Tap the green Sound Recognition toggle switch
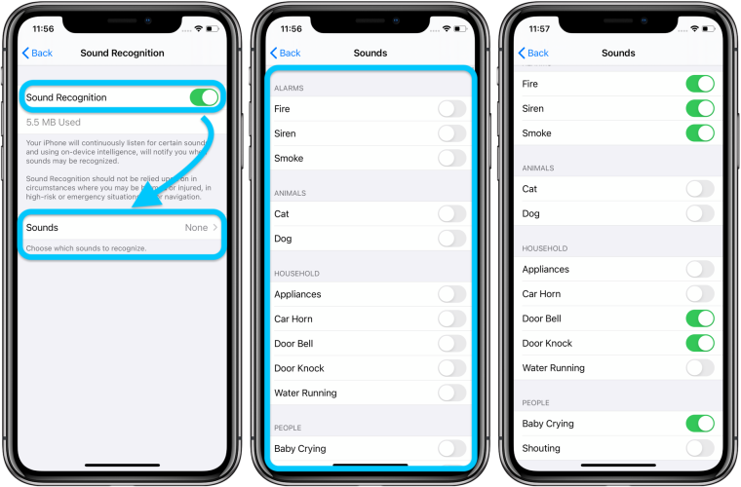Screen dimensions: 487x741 pyautogui.click(x=204, y=97)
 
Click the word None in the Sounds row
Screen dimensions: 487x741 pyautogui.click(x=197, y=228)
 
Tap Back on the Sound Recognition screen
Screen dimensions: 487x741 pyautogui.click(x=38, y=53)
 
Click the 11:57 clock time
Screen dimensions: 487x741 pyautogui.click(x=538, y=29)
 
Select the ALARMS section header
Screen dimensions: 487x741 pyautogui.click(x=289, y=88)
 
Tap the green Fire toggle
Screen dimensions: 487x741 pyautogui.click(x=700, y=84)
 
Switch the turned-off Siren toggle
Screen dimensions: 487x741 pyautogui.click(x=451, y=133)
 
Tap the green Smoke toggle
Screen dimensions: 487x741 pyautogui.click(x=700, y=133)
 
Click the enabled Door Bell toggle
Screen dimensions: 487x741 pyautogui.click(x=700, y=318)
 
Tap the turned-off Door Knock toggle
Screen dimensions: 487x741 pyautogui.click(x=451, y=368)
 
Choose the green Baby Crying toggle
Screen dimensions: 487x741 pyautogui.click(x=700, y=424)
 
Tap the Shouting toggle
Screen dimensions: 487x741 pyautogui.click(x=700, y=448)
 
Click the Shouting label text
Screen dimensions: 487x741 pyautogui.click(x=541, y=448)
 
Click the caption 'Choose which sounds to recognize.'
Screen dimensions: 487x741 pyautogui.click(x=86, y=248)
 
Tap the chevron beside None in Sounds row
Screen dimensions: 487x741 pyautogui.click(x=215, y=228)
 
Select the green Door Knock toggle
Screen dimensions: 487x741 pyautogui.click(x=700, y=343)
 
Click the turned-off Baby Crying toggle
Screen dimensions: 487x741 pyautogui.click(x=451, y=448)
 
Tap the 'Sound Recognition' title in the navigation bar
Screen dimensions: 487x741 pyautogui.click(x=122, y=53)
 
